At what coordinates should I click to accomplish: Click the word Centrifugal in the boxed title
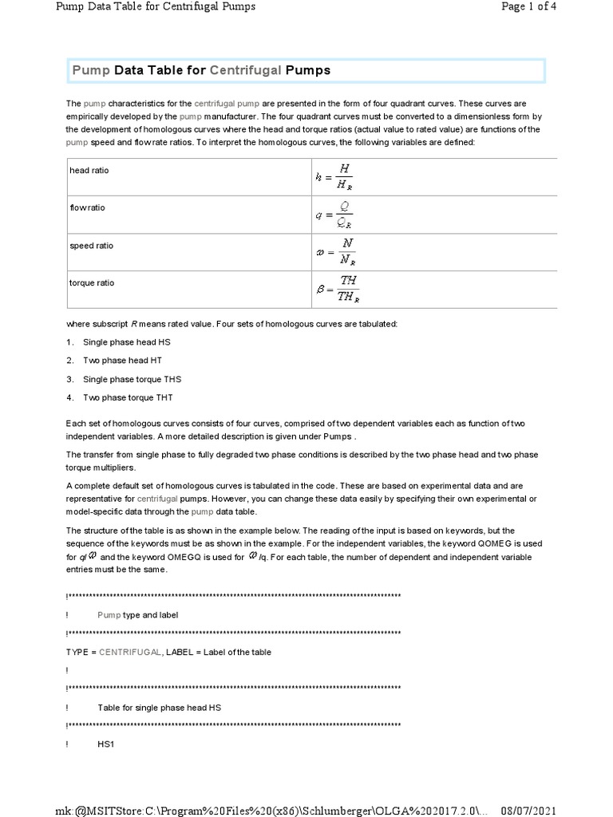(246, 70)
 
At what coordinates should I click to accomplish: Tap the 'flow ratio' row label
(87, 207)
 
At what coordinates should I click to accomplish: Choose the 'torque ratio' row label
(92, 282)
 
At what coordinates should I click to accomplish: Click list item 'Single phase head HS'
(126, 341)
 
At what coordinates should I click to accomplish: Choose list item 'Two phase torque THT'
(128, 397)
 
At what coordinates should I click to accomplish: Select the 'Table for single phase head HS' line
(159, 707)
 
